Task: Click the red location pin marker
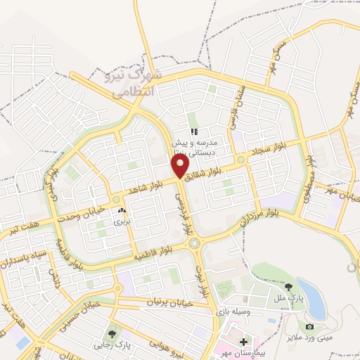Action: tap(181, 166)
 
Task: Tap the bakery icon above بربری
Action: tap(122, 210)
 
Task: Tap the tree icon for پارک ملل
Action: tap(289, 287)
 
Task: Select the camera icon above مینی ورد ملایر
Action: tap(309, 326)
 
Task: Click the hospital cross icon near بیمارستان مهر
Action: tap(243, 341)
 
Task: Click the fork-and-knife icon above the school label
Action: tap(194, 131)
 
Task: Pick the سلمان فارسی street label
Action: tap(236, 112)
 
